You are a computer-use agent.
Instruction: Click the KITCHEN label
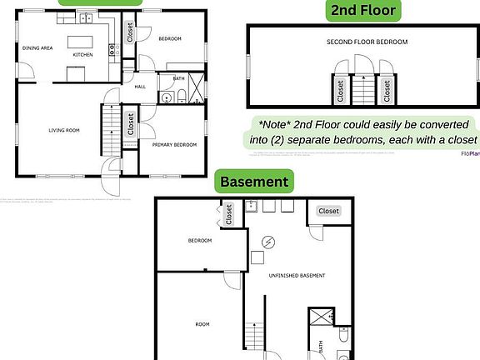82,54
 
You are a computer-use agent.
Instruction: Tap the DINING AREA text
37,47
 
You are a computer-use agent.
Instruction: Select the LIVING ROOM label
62,130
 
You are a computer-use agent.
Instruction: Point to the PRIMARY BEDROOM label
174,144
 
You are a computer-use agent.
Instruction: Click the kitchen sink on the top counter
87,17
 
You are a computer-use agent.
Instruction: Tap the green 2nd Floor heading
363,11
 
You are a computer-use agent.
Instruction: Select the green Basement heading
253,181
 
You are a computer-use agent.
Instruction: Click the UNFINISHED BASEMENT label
296,275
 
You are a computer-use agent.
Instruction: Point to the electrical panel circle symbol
269,242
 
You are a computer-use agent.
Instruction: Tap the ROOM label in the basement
202,324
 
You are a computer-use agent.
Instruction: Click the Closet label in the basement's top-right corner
328,211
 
